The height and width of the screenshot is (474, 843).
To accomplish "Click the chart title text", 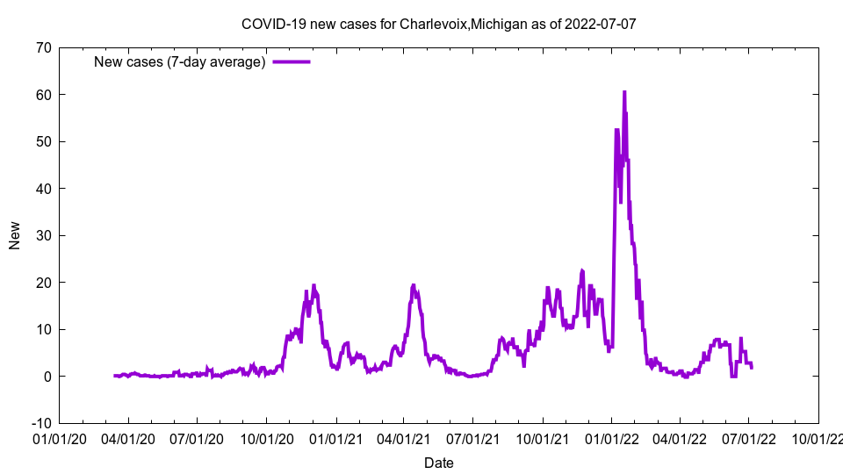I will point(438,24).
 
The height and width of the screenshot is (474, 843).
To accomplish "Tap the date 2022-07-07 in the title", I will point(601,24).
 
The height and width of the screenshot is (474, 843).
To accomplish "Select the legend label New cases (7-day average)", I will point(179,61).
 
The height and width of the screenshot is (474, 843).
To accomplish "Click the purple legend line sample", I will point(291,61).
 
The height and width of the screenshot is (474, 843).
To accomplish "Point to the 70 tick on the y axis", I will point(43,47).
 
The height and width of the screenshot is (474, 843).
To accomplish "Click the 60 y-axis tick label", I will point(43,95).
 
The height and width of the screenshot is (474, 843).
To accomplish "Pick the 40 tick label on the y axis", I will point(43,189).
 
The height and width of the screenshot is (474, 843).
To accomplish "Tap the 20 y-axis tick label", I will point(43,283).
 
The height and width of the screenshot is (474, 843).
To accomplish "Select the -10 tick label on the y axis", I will point(40,423).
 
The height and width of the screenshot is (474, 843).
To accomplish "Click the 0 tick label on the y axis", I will point(47,377).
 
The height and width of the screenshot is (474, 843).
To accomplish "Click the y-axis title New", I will point(15,235).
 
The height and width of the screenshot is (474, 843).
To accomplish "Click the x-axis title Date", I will point(438,463).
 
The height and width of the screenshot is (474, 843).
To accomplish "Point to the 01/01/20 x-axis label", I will point(60,437).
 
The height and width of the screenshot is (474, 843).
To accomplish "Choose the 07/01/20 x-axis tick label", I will point(198,437).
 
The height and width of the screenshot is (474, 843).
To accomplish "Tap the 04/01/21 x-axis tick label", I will point(404,437).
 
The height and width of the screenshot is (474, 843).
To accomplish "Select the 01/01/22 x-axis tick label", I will point(612,437).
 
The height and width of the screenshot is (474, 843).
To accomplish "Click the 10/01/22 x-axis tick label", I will point(818,437).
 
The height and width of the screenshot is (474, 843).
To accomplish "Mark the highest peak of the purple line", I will point(624,91).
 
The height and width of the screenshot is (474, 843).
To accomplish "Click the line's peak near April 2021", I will point(414,285).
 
